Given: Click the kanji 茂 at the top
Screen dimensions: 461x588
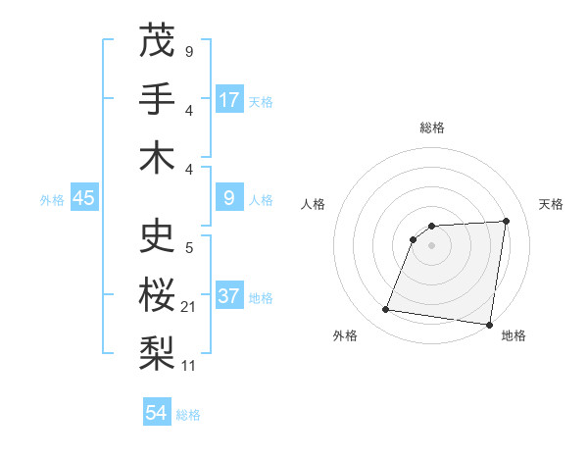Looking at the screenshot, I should coord(158,41).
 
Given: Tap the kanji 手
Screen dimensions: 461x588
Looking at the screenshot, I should coord(158,100).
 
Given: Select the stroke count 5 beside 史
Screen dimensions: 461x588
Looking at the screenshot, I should coord(189,248).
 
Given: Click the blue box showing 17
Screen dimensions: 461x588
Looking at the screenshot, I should coord(229,100).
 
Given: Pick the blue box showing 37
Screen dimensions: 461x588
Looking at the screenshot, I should coord(229,296).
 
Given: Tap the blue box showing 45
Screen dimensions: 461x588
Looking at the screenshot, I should coord(84,198).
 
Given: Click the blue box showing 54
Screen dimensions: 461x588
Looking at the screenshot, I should coord(157,413).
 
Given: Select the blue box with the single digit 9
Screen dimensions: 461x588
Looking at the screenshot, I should coord(229,198).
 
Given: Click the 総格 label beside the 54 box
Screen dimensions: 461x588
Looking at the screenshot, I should coord(188,415).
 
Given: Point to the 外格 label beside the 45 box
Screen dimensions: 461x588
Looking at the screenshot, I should coord(52,200).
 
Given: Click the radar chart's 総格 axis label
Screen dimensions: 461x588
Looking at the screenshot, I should coord(432,128).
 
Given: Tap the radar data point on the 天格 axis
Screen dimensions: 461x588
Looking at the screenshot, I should coord(507,221).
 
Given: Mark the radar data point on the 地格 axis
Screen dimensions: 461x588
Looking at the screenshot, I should coord(490,325).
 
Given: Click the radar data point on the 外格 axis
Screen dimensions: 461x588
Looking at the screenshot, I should coord(386,310).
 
